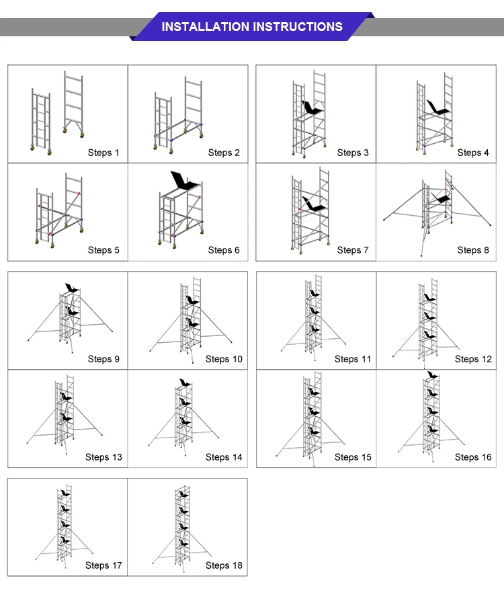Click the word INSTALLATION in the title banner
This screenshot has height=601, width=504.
tap(205, 27)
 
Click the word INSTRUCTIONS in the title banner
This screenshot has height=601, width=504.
tap(297, 27)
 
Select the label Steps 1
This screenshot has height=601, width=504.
tap(103, 153)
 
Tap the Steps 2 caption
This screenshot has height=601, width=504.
tap(224, 153)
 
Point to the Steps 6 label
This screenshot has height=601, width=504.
tap(224, 250)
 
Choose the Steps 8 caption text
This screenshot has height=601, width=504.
tap(473, 250)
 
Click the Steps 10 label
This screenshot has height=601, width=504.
tap(224, 359)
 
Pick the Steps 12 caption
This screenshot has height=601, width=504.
tap(473, 359)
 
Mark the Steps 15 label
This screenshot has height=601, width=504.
tap(353, 457)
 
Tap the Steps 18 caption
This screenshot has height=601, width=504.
tap(224, 565)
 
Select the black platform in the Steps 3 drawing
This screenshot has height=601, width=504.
tap(312, 108)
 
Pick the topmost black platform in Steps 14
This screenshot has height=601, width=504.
tap(183, 383)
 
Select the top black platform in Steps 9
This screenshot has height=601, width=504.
tap(70, 288)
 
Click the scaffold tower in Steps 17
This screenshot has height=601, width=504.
tap(65, 524)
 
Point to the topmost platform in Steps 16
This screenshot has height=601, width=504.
tap(432, 375)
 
